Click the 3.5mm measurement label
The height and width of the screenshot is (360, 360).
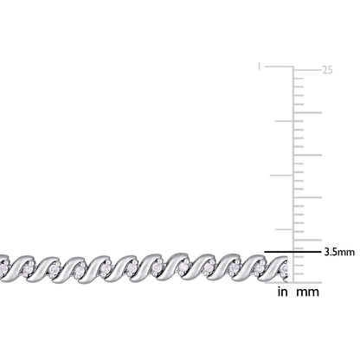(339, 252)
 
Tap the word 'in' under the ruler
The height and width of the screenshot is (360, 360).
(283, 292)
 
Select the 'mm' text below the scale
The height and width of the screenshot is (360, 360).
(308, 292)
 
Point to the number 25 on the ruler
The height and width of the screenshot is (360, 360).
(327, 70)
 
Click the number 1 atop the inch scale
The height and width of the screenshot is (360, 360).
(259, 67)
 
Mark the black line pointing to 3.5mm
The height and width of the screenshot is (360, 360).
(292, 252)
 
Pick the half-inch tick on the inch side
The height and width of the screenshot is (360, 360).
(281, 175)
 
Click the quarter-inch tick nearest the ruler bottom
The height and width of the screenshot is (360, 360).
(284, 229)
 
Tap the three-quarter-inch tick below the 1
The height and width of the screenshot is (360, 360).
(284, 121)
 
